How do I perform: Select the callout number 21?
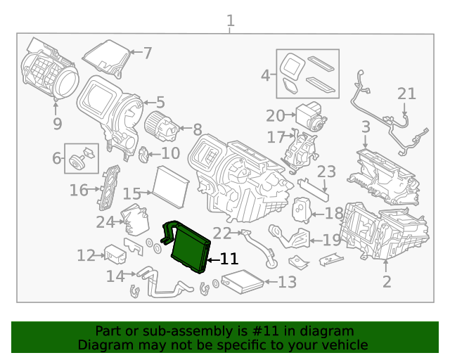click(406, 94)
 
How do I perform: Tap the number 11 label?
click(229, 259)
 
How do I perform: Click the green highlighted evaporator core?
click(190, 247)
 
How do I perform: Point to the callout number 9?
click(57, 124)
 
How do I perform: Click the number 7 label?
click(147, 52)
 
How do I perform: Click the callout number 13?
click(288, 283)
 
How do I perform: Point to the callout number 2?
click(386, 283)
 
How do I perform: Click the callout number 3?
click(366, 127)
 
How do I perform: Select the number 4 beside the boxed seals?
click(265, 75)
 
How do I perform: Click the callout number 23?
click(327, 172)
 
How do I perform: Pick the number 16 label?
click(79, 190)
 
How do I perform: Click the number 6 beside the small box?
click(56, 159)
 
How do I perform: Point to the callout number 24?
click(105, 222)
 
